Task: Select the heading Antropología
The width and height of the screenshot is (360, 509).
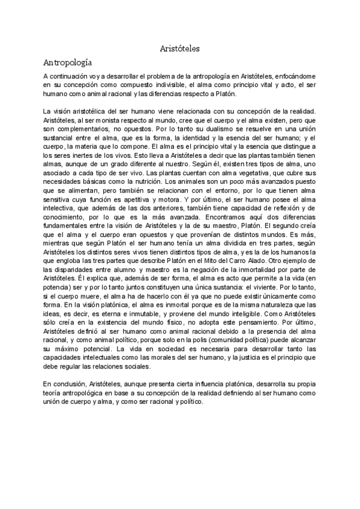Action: click(x=67, y=62)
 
